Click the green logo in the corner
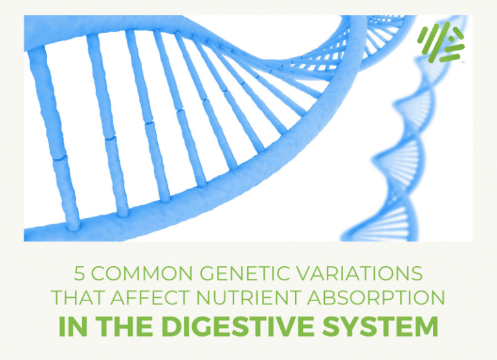[x=440, y=44]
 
